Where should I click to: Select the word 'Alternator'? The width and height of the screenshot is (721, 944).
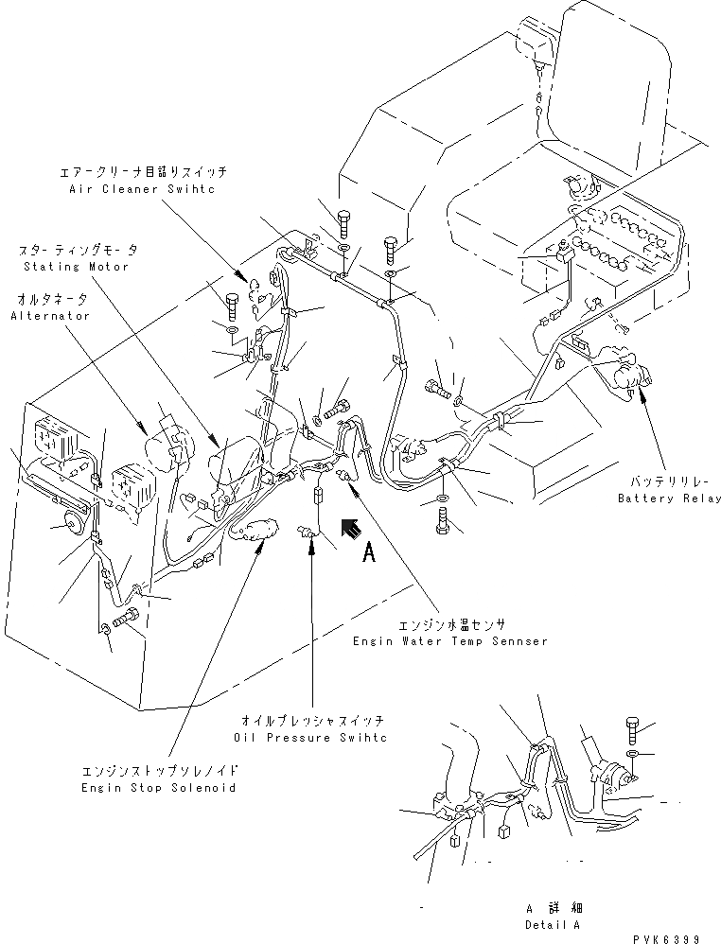50,315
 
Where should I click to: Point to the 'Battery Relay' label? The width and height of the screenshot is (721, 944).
669,498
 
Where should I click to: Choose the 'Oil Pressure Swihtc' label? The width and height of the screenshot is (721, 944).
311,736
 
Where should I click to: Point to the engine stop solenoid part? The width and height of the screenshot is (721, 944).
253,528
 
